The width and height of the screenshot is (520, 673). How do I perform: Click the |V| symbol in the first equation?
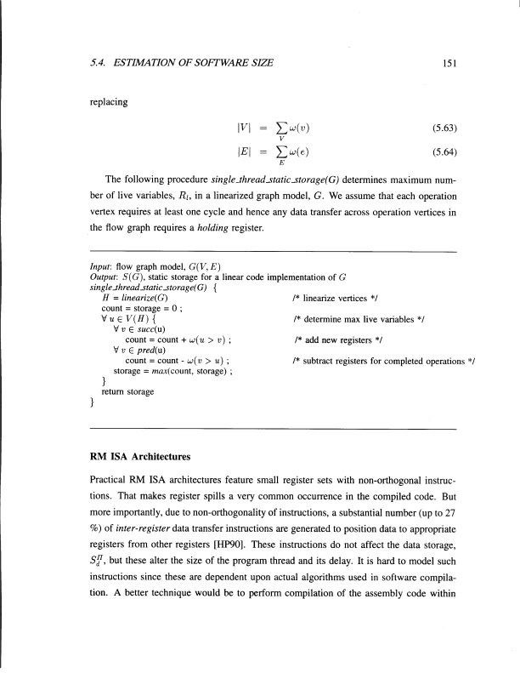click(244, 129)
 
